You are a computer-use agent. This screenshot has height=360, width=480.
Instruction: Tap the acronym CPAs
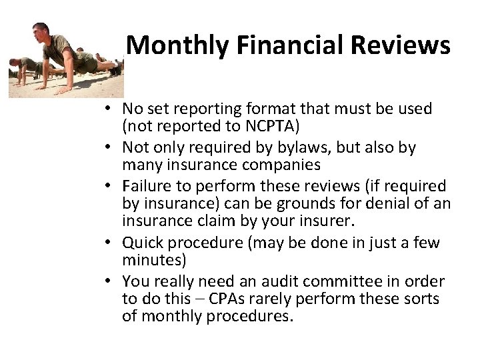point(229,299)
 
